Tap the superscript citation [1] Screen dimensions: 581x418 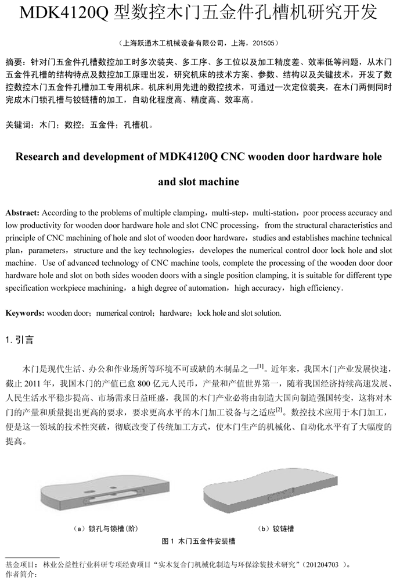pos(261,366)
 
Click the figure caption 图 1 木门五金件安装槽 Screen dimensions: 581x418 pos(200,541)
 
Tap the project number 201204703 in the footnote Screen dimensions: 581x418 pos(325,564)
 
